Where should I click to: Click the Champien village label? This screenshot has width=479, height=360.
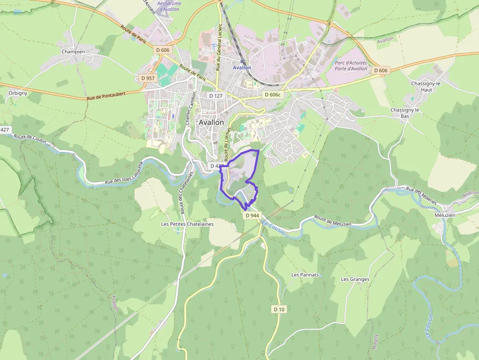[x=73, y=51]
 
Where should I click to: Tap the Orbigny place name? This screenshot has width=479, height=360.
[x=18, y=93]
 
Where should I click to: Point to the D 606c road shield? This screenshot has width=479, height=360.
[x=273, y=94]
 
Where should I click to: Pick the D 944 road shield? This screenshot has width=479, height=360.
[x=252, y=215]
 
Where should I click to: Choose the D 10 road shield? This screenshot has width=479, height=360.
[x=279, y=309]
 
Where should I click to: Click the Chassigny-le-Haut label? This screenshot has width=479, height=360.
[x=426, y=87]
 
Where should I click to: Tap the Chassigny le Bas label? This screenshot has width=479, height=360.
[x=405, y=113]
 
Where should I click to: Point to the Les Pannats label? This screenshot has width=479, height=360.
[x=305, y=275]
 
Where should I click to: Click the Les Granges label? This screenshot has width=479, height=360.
[x=355, y=279]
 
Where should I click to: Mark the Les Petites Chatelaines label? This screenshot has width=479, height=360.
[x=187, y=224]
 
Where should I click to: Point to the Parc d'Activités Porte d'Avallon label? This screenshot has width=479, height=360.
[x=350, y=66]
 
